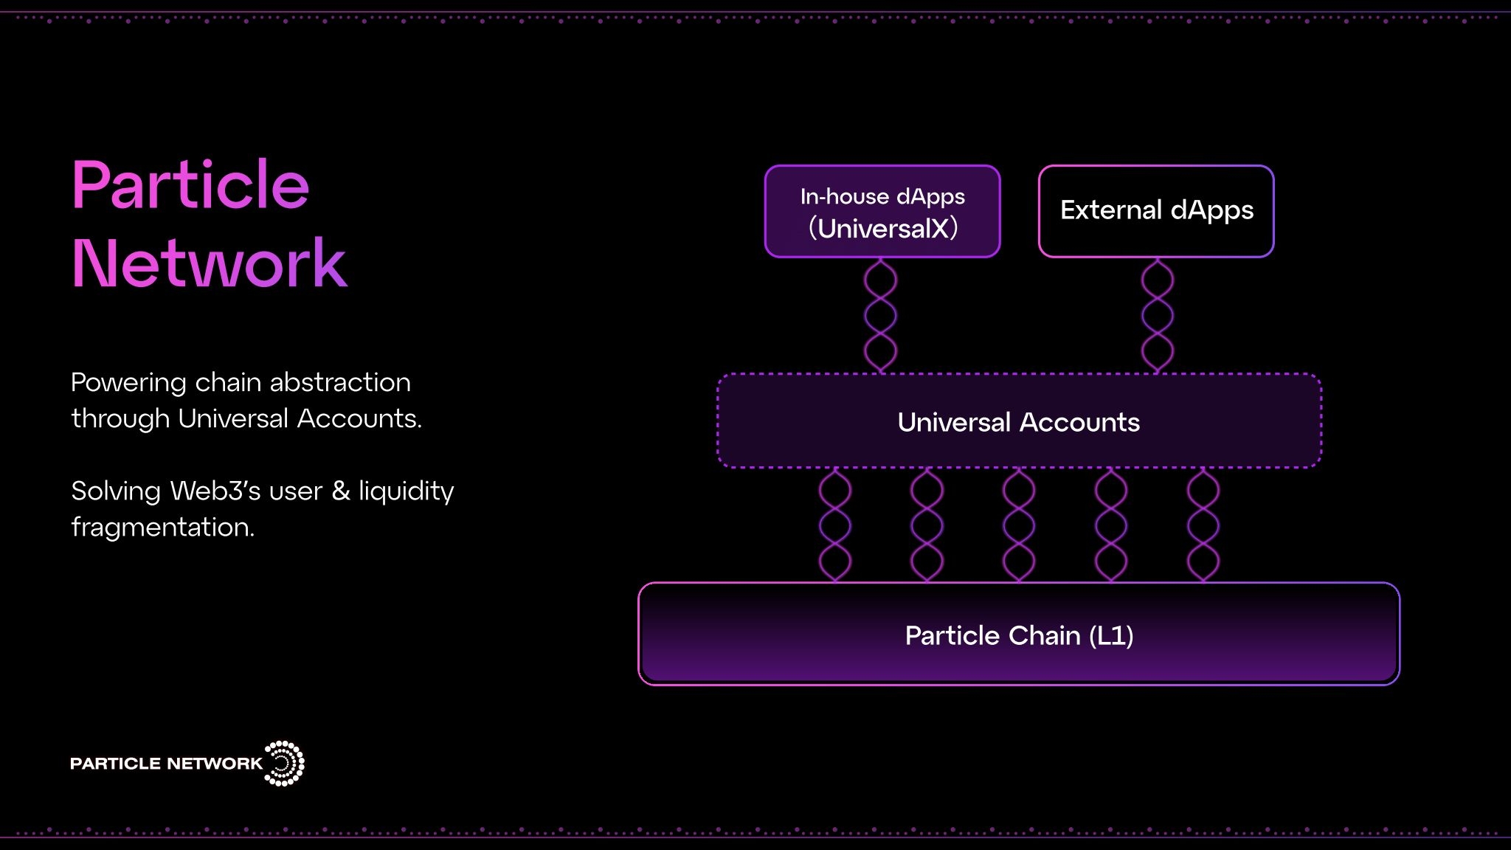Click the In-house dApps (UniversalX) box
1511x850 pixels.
click(882, 211)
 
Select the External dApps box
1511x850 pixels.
click(1156, 211)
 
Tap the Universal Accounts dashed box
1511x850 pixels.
click(1019, 421)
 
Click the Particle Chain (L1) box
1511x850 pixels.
click(1019, 634)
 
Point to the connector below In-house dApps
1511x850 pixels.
click(881, 316)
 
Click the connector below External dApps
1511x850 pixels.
click(1157, 316)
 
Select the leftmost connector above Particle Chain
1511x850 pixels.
click(835, 525)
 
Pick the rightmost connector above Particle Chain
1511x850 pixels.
click(1203, 525)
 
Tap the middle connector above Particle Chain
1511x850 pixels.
click(1019, 525)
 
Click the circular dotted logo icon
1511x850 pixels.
click(284, 763)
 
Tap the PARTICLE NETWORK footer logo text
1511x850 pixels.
click(166, 763)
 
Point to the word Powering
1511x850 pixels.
click(129, 383)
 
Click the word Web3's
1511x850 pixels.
click(215, 491)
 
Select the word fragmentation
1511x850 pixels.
click(163, 527)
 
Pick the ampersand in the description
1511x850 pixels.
click(341, 491)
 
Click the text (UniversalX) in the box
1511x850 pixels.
click(883, 228)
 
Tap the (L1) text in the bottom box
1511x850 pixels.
click(1111, 635)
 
